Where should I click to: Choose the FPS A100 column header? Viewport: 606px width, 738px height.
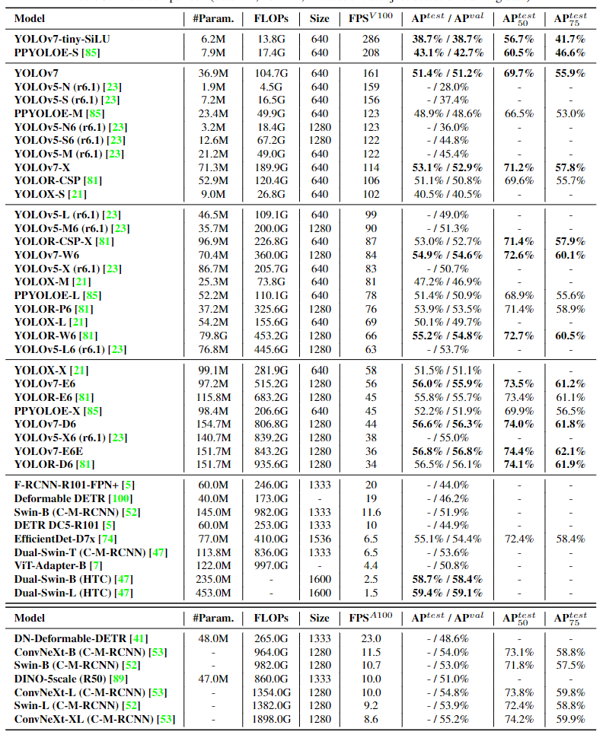click(x=372, y=618)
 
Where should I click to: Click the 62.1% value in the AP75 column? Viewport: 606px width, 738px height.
click(x=569, y=451)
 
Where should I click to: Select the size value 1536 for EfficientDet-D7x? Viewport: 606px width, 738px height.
click(x=320, y=539)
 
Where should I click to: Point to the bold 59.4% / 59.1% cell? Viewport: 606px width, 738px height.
click(x=448, y=593)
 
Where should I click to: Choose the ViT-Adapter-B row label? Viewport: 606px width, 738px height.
click(x=48, y=565)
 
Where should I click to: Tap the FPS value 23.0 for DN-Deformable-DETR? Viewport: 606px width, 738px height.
click(x=372, y=638)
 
